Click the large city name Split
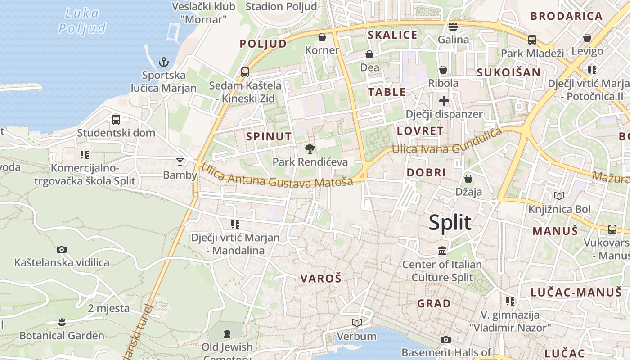(450, 223)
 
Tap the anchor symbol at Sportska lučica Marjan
(164, 62)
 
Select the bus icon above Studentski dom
(116, 120)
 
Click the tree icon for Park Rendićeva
(310, 149)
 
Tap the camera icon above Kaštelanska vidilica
(62, 249)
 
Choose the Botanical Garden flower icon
(62, 322)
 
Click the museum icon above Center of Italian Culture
(442, 251)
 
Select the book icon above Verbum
(357, 323)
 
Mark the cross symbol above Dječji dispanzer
(444, 101)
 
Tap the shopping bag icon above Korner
(322, 37)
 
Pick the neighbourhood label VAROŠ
(321, 279)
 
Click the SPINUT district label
(269, 136)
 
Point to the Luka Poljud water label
(82, 21)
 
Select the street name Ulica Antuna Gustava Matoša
(277, 177)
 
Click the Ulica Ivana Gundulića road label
(446, 141)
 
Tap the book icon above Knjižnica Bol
(559, 196)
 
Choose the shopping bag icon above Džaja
(468, 179)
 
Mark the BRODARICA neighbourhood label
(566, 16)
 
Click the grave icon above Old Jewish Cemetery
(227, 333)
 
